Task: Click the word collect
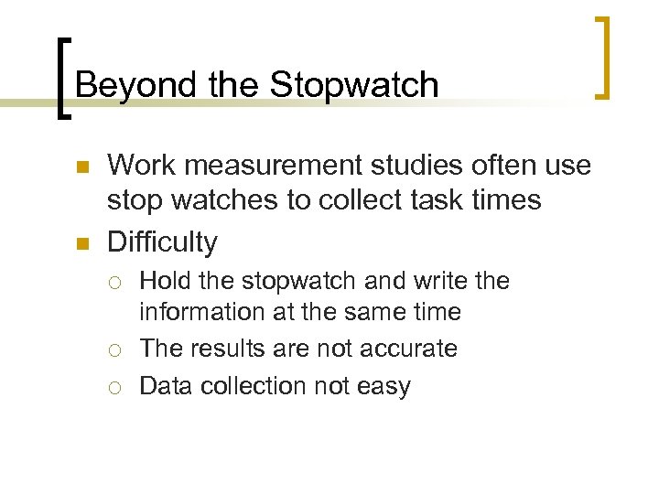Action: tap(361, 200)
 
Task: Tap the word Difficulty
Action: tap(163, 242)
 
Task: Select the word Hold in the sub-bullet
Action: tap(166, 281)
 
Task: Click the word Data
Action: tap(166, 386)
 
